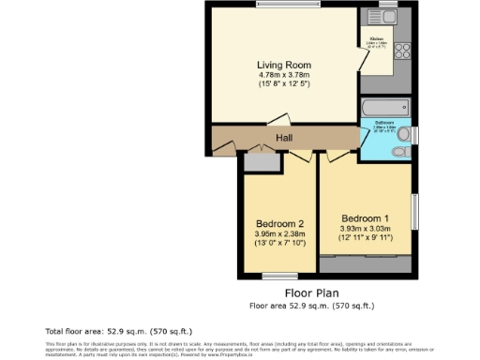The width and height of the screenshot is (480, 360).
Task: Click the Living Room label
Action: [x=283, y=64]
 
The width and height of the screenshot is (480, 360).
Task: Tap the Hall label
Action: [x=283, y=139]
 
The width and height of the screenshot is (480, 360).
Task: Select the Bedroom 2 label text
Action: [x=279, y=223]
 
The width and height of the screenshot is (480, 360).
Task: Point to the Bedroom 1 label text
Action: [x=365, y=217]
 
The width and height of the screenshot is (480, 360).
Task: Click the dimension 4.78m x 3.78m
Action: [x=283, y=74]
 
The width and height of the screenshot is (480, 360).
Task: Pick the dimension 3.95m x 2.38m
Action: [x=279, y=233]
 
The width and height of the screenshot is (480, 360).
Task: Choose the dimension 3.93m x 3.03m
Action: [x=365, y=227]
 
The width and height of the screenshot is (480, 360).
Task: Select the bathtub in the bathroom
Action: [x=385, y=107]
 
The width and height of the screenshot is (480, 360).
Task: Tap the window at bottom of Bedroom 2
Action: [x=278, y=276]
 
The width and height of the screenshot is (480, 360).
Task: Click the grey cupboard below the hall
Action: [x=261, y=161]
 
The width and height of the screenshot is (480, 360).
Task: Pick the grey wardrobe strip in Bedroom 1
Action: [x=365, y=256]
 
